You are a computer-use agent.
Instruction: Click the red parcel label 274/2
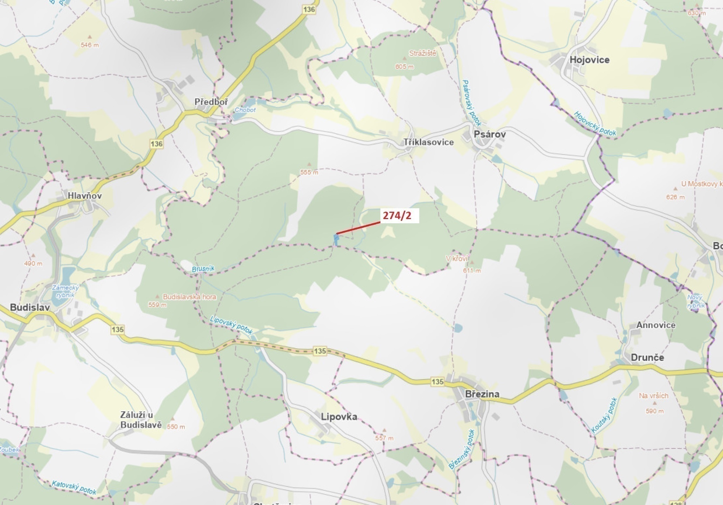tap(397, 216)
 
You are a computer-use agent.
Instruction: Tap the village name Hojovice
tap(590, 60)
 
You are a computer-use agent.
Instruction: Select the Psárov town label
tap(490, 134)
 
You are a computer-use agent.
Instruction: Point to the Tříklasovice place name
tap(428, 142)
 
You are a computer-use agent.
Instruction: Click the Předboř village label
tap(211, 102)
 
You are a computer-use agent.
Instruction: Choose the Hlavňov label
tap(85, 196)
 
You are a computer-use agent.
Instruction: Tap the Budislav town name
tap(30, 307)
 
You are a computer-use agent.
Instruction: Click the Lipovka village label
tap(339, 416)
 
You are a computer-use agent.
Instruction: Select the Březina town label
tap(482, 394)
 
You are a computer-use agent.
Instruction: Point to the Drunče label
tap(647, 357)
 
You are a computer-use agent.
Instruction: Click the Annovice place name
tap(656, 325)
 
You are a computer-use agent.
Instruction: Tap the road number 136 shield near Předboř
tap(156, 143)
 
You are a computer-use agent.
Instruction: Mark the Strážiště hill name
tap(423, 54)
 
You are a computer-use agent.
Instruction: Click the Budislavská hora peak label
tap(190, 297)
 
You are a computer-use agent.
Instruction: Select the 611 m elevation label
tap(472, 271)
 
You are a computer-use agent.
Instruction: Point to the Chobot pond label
tap(245, 110)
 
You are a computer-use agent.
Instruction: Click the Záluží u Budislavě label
tap(141, 420)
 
